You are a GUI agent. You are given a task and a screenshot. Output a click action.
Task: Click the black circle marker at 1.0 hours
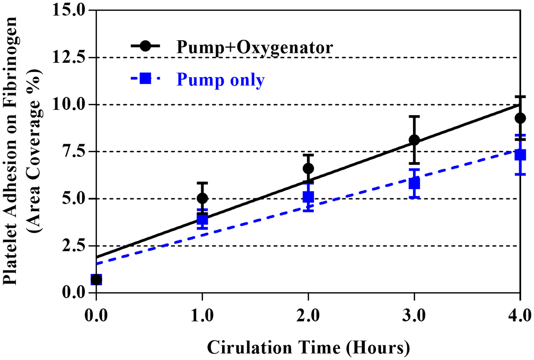202,198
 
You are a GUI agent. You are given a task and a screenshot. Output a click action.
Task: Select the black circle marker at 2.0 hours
308,168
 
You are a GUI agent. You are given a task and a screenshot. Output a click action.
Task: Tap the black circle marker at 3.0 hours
414,140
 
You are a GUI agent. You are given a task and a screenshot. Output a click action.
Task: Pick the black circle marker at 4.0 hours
520,118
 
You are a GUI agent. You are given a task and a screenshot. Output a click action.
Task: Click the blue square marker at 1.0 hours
202,219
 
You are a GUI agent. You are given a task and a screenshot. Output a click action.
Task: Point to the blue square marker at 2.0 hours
308,197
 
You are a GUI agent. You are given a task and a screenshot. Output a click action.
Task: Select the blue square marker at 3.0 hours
414,184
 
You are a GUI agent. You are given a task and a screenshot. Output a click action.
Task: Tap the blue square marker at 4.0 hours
520,155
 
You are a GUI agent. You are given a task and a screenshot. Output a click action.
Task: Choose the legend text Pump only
220,79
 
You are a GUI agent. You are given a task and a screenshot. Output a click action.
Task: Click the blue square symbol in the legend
145,79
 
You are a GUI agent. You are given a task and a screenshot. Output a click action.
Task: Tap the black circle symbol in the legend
145,46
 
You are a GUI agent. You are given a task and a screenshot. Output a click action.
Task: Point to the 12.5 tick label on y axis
69,57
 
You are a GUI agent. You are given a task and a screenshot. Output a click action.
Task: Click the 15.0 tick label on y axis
69,10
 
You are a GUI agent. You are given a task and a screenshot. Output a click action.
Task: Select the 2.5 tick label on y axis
73,246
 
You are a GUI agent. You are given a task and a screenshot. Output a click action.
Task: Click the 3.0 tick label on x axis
414,316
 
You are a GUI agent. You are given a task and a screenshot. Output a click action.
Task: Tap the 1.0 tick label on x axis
202,316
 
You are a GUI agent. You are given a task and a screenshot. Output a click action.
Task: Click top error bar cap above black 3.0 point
414,117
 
